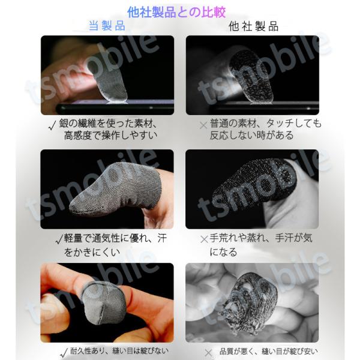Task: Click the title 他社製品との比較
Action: point(176,12)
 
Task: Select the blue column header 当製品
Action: point(107,26)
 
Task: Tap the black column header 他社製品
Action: point(254,26)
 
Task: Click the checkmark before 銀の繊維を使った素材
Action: point(52,125)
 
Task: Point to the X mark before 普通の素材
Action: point(203,125)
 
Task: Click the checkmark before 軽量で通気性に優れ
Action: point(59,239)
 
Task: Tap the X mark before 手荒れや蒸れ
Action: point(204,239)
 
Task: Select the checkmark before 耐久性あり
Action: point(64,353)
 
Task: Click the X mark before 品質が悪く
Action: point(208,353)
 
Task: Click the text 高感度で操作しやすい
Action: point(111,136)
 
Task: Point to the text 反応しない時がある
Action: point(251,136)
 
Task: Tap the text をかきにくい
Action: point(92,253)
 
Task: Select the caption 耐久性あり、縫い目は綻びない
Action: point(119,351)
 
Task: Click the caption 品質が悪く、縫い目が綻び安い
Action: point(269,351)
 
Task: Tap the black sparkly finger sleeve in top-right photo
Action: point(251,77)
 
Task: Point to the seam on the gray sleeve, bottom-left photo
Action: point(102,310)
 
